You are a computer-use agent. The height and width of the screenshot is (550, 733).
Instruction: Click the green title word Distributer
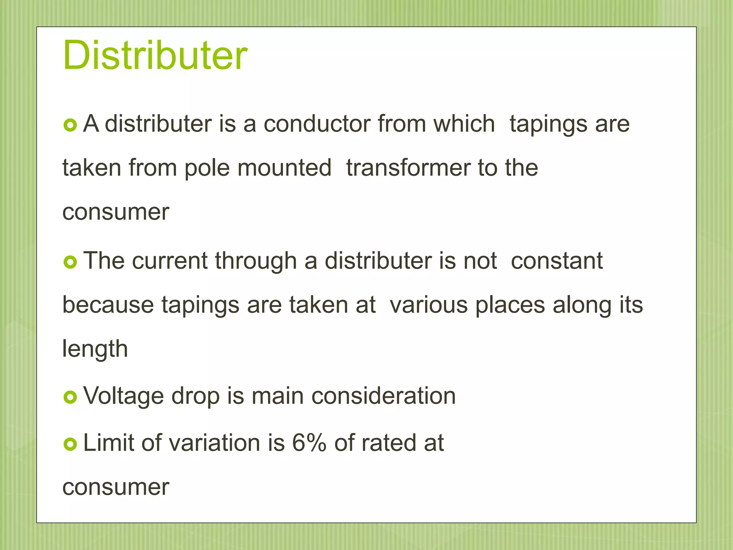tap(155, 56)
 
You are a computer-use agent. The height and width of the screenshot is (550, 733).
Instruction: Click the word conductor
tap(317, 124)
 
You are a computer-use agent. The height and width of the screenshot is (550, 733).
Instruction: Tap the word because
tap(108, 305)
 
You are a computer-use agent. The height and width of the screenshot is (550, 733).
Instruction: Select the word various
tap(428, 305)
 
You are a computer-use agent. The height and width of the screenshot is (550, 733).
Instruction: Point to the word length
tap(95, 349)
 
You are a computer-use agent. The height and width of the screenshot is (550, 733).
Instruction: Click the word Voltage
tap(123, 396)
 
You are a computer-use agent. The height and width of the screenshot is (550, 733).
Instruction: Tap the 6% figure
tap(309, 443)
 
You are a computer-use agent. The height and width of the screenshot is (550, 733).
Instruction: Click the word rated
tap(389, 443)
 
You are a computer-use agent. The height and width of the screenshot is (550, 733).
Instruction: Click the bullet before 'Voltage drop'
tap(70, 397)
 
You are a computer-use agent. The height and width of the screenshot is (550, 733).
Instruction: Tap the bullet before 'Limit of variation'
tap(70, 444)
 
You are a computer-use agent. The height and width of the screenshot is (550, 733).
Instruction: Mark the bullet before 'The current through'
tap(70, 262)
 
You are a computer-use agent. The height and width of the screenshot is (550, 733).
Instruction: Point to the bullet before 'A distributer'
tap(70, 125)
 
